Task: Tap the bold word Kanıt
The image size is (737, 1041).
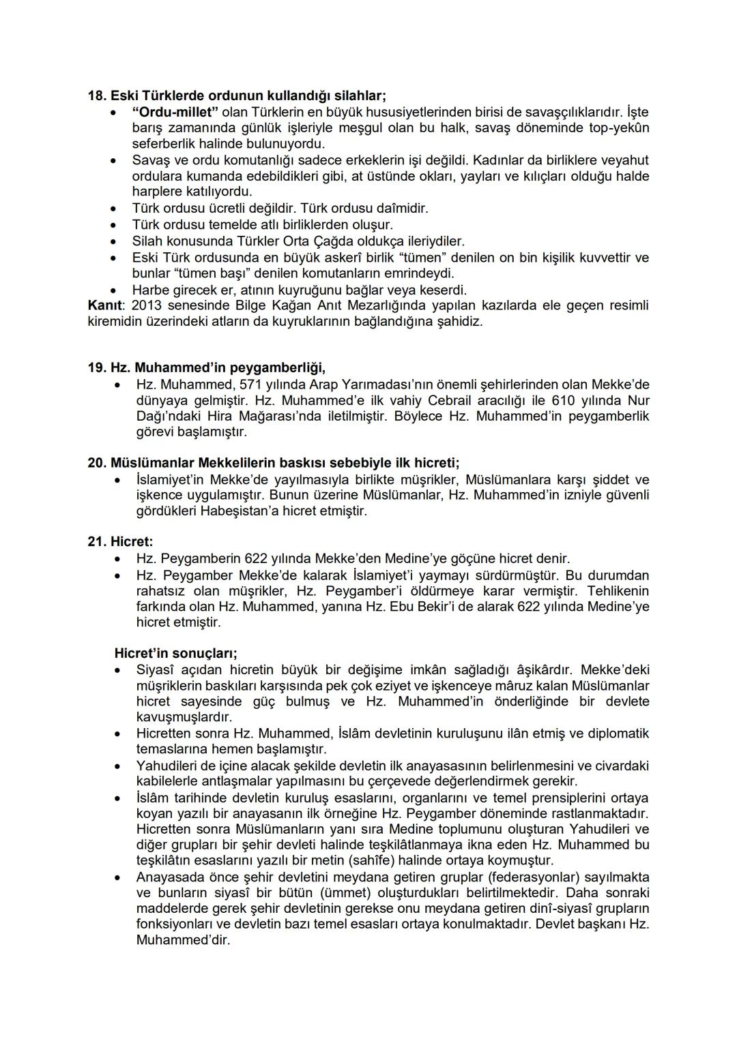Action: tap(104, 305)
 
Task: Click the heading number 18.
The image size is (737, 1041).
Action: tap(97, 95)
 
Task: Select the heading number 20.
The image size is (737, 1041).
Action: tap(97, 463)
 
